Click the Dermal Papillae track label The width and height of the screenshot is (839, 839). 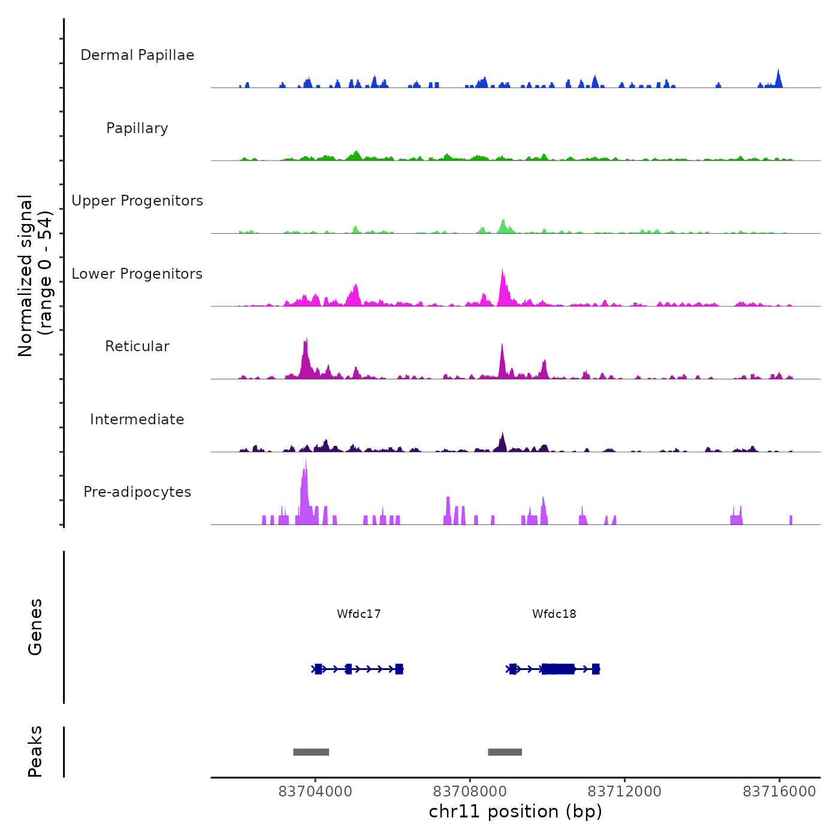(x=137, y=55)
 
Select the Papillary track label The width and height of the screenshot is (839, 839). (x=137, y=128)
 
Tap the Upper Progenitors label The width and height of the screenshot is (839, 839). (x=137, y=201)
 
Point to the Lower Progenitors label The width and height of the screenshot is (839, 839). (x=137, y=274)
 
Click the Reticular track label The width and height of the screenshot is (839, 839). (x=137, y=346)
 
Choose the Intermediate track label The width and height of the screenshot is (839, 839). (x=137, y=419)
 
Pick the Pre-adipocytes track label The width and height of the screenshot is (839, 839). (x=137, y=492)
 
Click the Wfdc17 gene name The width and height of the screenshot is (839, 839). (x=358, y=614)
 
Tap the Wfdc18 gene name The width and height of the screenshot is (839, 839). (x=554, y=614)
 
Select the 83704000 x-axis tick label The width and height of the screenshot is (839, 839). (x=315, y=792)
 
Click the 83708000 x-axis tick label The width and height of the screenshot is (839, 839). (x=470, y=792)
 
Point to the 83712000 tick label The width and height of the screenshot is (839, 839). (x=624, y=792)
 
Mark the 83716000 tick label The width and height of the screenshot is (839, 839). (x=779, y=792)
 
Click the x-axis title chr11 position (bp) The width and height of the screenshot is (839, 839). (x=515, y=811)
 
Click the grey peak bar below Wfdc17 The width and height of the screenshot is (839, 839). (x=311, y=752)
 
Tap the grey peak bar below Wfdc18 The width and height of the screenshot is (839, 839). (x=505, y=752)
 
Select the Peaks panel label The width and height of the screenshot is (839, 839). (x=35, y=752)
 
